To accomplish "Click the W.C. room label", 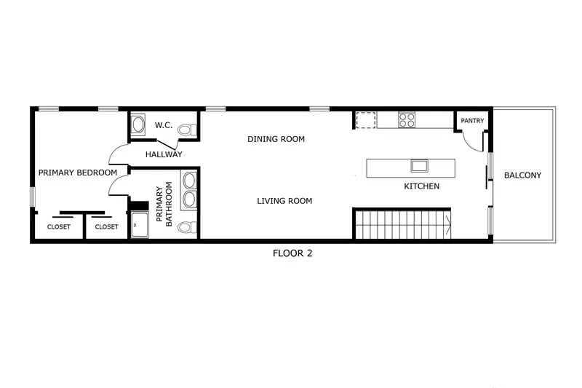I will click(162, 126).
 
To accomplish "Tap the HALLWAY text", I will click(164, 154).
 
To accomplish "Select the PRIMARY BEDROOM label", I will click(78, 173).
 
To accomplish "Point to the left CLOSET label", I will click(60, 227).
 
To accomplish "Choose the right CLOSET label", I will click(106, 227).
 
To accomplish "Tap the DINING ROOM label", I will click(276, 139).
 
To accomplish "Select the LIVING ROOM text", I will click(284, 201).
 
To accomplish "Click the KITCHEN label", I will click(421, 186).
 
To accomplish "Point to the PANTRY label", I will click(472, 121).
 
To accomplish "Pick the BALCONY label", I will click(522, 175).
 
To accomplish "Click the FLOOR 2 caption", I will click(292, 254).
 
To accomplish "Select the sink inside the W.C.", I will click(137, 124).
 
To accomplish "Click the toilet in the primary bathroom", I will click(186, 227).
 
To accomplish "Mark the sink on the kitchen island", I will click(419, 165).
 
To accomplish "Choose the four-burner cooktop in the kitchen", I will click(406, 119).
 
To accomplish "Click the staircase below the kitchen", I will click(402, 224).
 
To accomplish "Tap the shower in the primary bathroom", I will click(140, 225).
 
